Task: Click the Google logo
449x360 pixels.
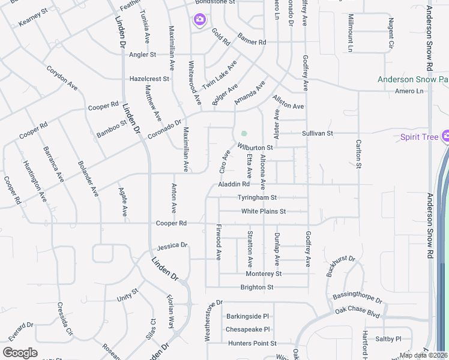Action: (x=20, y=353)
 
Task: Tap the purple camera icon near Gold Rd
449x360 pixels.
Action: (x=199, y=20)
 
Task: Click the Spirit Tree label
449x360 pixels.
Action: (x=420, y=137)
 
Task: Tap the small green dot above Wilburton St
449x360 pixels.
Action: (x=244, y=133)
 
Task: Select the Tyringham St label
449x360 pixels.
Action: (x=256, y=197)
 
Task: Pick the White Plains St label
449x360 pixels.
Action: (x=264, y=211)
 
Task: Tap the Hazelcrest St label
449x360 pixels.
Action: (x=149, y=79)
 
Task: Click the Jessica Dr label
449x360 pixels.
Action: (x=172, y=246)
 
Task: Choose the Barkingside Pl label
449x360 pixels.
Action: (x=247, y=316)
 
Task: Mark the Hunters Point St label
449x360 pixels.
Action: (x=252, y=343)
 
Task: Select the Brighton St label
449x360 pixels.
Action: (x=257, y=287)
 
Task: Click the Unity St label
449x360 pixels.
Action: (x=127, y=295)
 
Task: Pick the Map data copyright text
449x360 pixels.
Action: (x=423, y=355)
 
